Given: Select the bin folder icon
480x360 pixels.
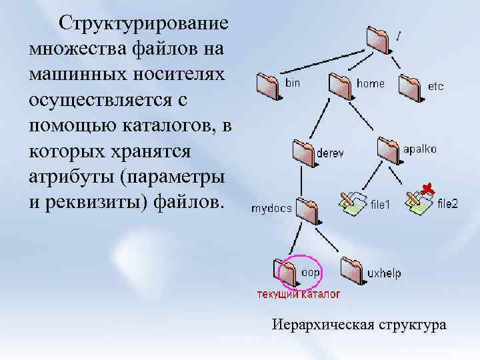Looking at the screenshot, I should tap(269, 84).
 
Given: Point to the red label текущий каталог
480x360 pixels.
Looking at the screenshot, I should tap(299, 293).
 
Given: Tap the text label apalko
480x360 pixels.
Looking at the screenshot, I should tap(420, 149).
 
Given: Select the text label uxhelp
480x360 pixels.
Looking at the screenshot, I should tap(384, 273).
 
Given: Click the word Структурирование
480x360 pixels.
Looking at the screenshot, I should tap(143, 24).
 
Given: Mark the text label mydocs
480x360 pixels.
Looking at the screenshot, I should tap(271, 208).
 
